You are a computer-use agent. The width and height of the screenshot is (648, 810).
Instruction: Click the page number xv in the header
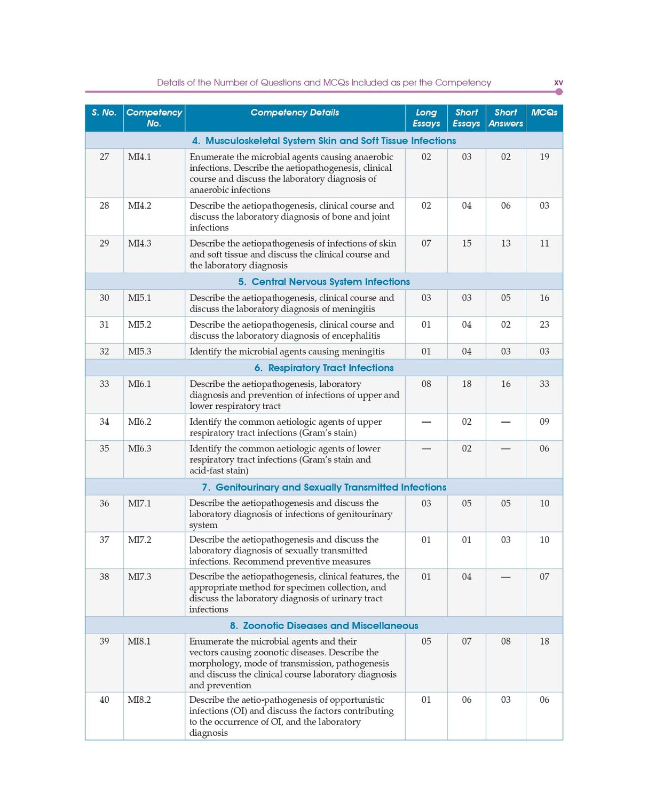tap(558, 83)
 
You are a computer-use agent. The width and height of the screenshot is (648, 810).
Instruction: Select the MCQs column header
tap(544, 113)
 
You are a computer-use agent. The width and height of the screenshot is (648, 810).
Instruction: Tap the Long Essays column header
tap(426, 118)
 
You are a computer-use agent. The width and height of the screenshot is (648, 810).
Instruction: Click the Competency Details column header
tap(295, 113)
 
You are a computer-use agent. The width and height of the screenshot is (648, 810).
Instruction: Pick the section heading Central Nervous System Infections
tap(324, 282)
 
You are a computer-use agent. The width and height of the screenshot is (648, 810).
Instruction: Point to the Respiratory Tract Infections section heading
tap(324, 368)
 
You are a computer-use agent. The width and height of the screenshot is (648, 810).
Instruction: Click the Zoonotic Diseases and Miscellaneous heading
tap(324, 625)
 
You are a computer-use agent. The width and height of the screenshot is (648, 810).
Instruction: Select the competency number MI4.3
tap(139, 243)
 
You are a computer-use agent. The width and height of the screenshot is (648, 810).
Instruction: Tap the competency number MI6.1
tap(139, 384)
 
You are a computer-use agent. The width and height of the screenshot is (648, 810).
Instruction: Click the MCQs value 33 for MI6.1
tap(544, 384)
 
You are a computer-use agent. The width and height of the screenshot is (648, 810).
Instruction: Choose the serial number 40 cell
tap(104, 700)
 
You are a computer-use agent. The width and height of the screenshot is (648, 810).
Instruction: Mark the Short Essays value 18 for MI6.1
tap(467, 384)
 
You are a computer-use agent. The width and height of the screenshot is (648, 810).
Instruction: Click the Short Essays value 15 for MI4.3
tap(467, 243)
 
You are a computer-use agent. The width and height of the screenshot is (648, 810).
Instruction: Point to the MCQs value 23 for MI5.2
tap(544, 324)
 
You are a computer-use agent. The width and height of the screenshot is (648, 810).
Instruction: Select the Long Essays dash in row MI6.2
tap(426, 422)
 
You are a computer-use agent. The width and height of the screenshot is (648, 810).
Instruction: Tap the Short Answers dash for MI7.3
tap(505, 577)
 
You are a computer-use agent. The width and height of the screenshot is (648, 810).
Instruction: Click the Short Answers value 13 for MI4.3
tap(505, 243)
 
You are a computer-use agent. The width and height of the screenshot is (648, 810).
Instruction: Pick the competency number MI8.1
tap(139, 641)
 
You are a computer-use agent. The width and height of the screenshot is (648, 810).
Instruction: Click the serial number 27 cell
tap(104, 157)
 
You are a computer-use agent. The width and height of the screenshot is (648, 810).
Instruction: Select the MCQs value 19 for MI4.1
tap(544, 157)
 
